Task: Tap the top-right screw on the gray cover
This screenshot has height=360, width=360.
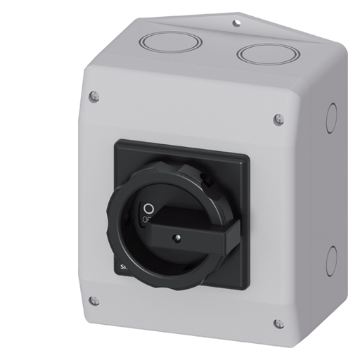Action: tap(278, 119)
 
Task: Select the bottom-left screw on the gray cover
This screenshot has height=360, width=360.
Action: tap(94, 300)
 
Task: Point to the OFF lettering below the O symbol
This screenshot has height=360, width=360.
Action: tap(147, 219)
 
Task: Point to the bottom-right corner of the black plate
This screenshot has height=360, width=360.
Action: tap(247, 290)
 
